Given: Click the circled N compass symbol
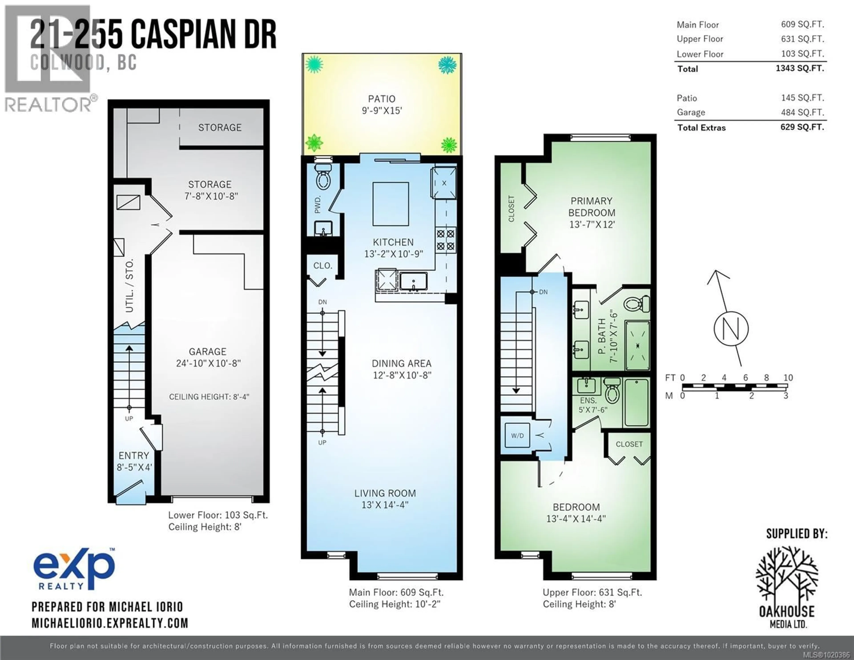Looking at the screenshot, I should coord(731,329).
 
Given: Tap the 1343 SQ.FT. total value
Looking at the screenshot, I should coord(800,68).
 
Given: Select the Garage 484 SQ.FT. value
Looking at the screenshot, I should coord(802,112).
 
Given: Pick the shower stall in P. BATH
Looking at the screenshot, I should coord(637,345).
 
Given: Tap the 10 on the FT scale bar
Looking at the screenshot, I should coord(788,377).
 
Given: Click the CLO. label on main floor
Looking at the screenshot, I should coord(323,266).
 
